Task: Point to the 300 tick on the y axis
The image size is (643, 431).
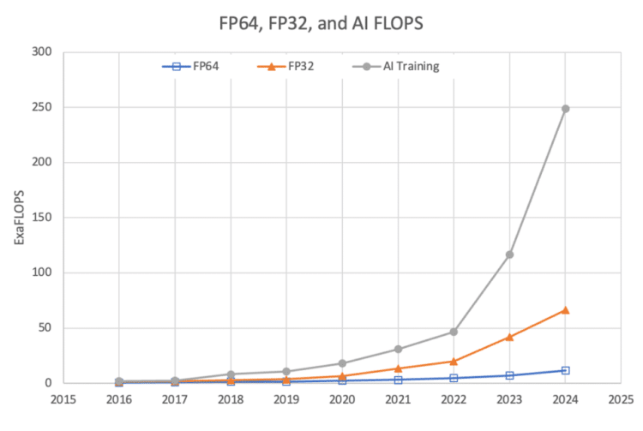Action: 41,53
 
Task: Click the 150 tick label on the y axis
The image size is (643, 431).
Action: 41,218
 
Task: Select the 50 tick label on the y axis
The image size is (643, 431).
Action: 45,328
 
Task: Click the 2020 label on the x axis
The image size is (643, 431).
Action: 342,398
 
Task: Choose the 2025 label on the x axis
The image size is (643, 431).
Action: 621,398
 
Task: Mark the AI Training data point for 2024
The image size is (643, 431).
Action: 565,109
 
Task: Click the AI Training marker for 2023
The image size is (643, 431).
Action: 509,254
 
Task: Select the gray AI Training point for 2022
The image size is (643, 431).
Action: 454,332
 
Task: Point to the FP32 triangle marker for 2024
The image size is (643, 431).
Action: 565,310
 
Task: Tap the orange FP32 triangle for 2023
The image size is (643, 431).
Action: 509,337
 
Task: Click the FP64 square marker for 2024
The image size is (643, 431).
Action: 565,370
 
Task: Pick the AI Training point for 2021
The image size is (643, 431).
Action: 398,349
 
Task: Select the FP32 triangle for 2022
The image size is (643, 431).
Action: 454,361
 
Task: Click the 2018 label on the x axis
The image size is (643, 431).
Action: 231,398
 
